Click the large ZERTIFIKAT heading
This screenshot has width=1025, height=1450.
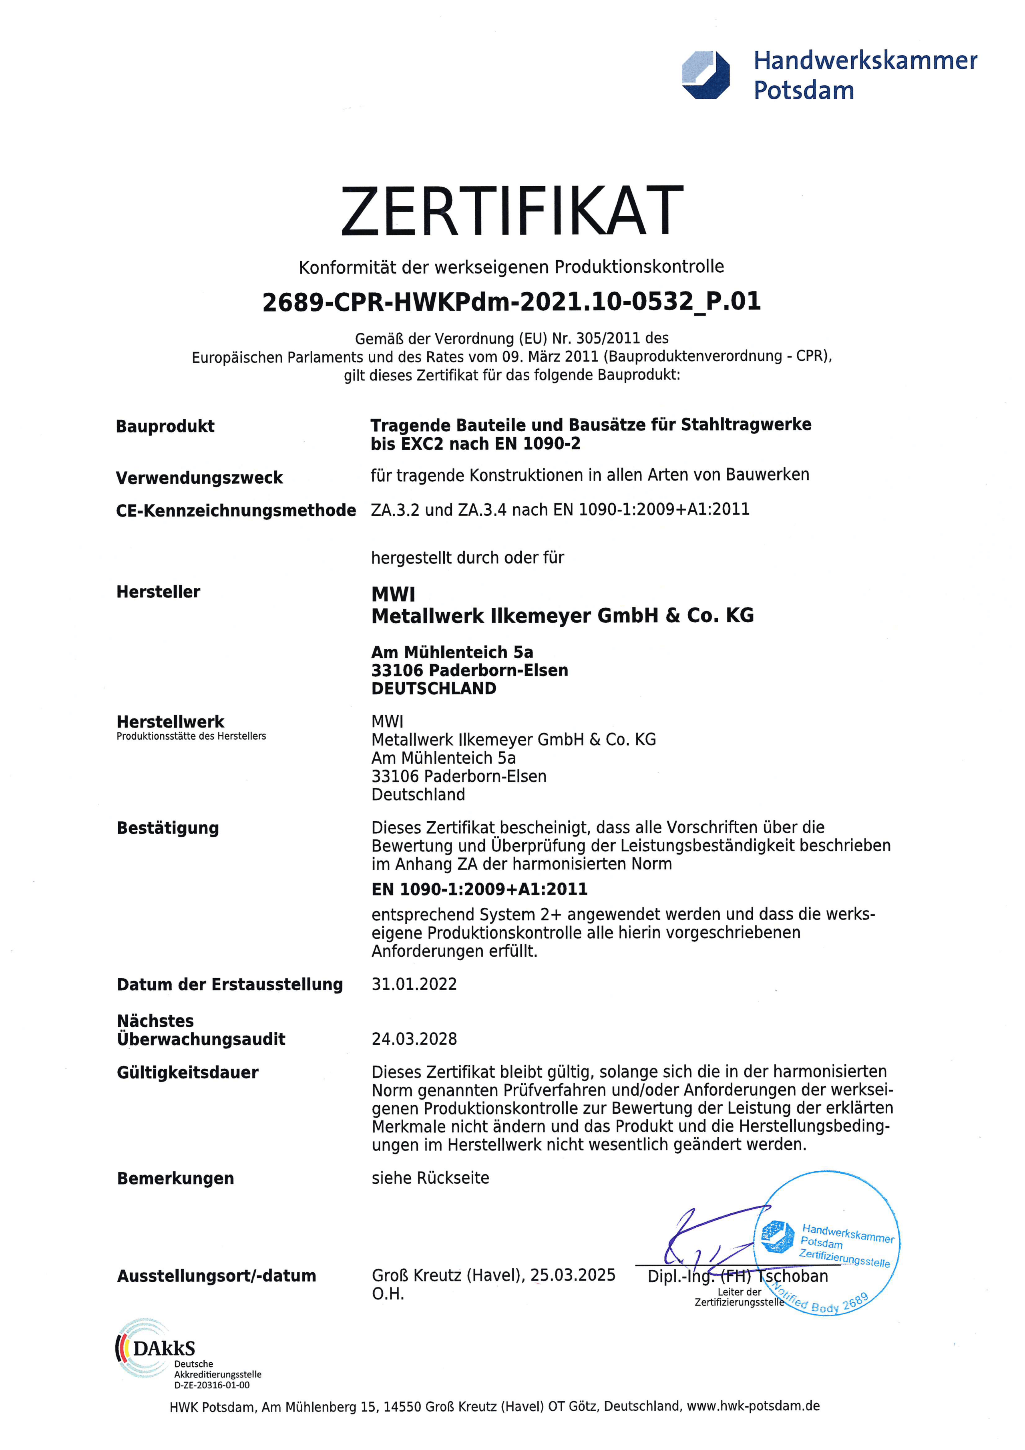coord(512,211)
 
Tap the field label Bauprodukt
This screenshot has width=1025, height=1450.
coord(165,426)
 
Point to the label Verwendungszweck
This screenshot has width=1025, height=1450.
coord(199,478)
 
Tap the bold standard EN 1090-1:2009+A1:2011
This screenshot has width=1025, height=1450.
coord(479,889)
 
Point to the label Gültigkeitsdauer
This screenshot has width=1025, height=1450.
coord(187,1072)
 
